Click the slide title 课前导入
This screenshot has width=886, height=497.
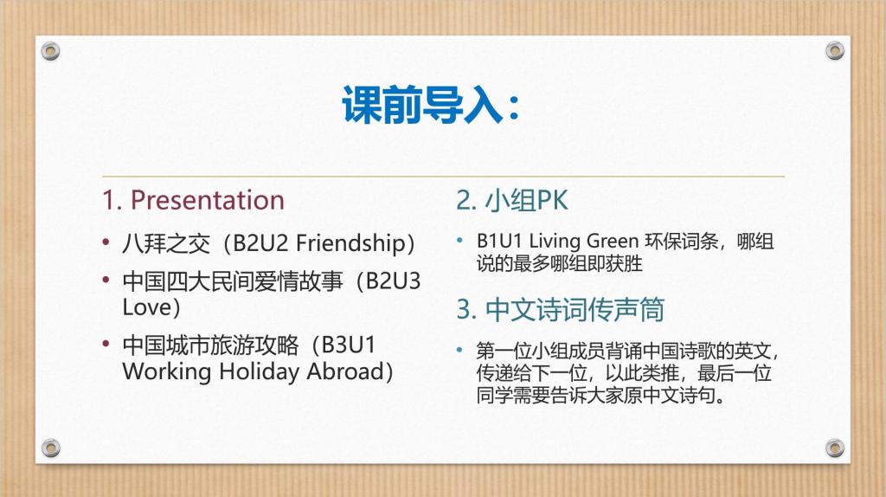point(422,105)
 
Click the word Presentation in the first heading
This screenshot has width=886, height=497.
point(208,200)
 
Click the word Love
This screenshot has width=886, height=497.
point(147,307)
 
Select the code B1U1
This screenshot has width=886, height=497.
point(499,241)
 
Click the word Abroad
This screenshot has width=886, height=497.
point(345,371)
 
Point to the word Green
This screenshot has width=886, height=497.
point(613,241)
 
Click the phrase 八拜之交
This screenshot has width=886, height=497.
point(166,243)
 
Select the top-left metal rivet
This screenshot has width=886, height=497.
point(50,51)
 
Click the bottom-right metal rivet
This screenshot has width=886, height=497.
point(835,448)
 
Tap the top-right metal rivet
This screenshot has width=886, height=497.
point(835,51)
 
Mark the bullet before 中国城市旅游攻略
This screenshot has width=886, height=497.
point(106,344)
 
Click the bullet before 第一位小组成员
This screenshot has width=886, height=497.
point(460,351)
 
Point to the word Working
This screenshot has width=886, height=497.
point(167,372)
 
